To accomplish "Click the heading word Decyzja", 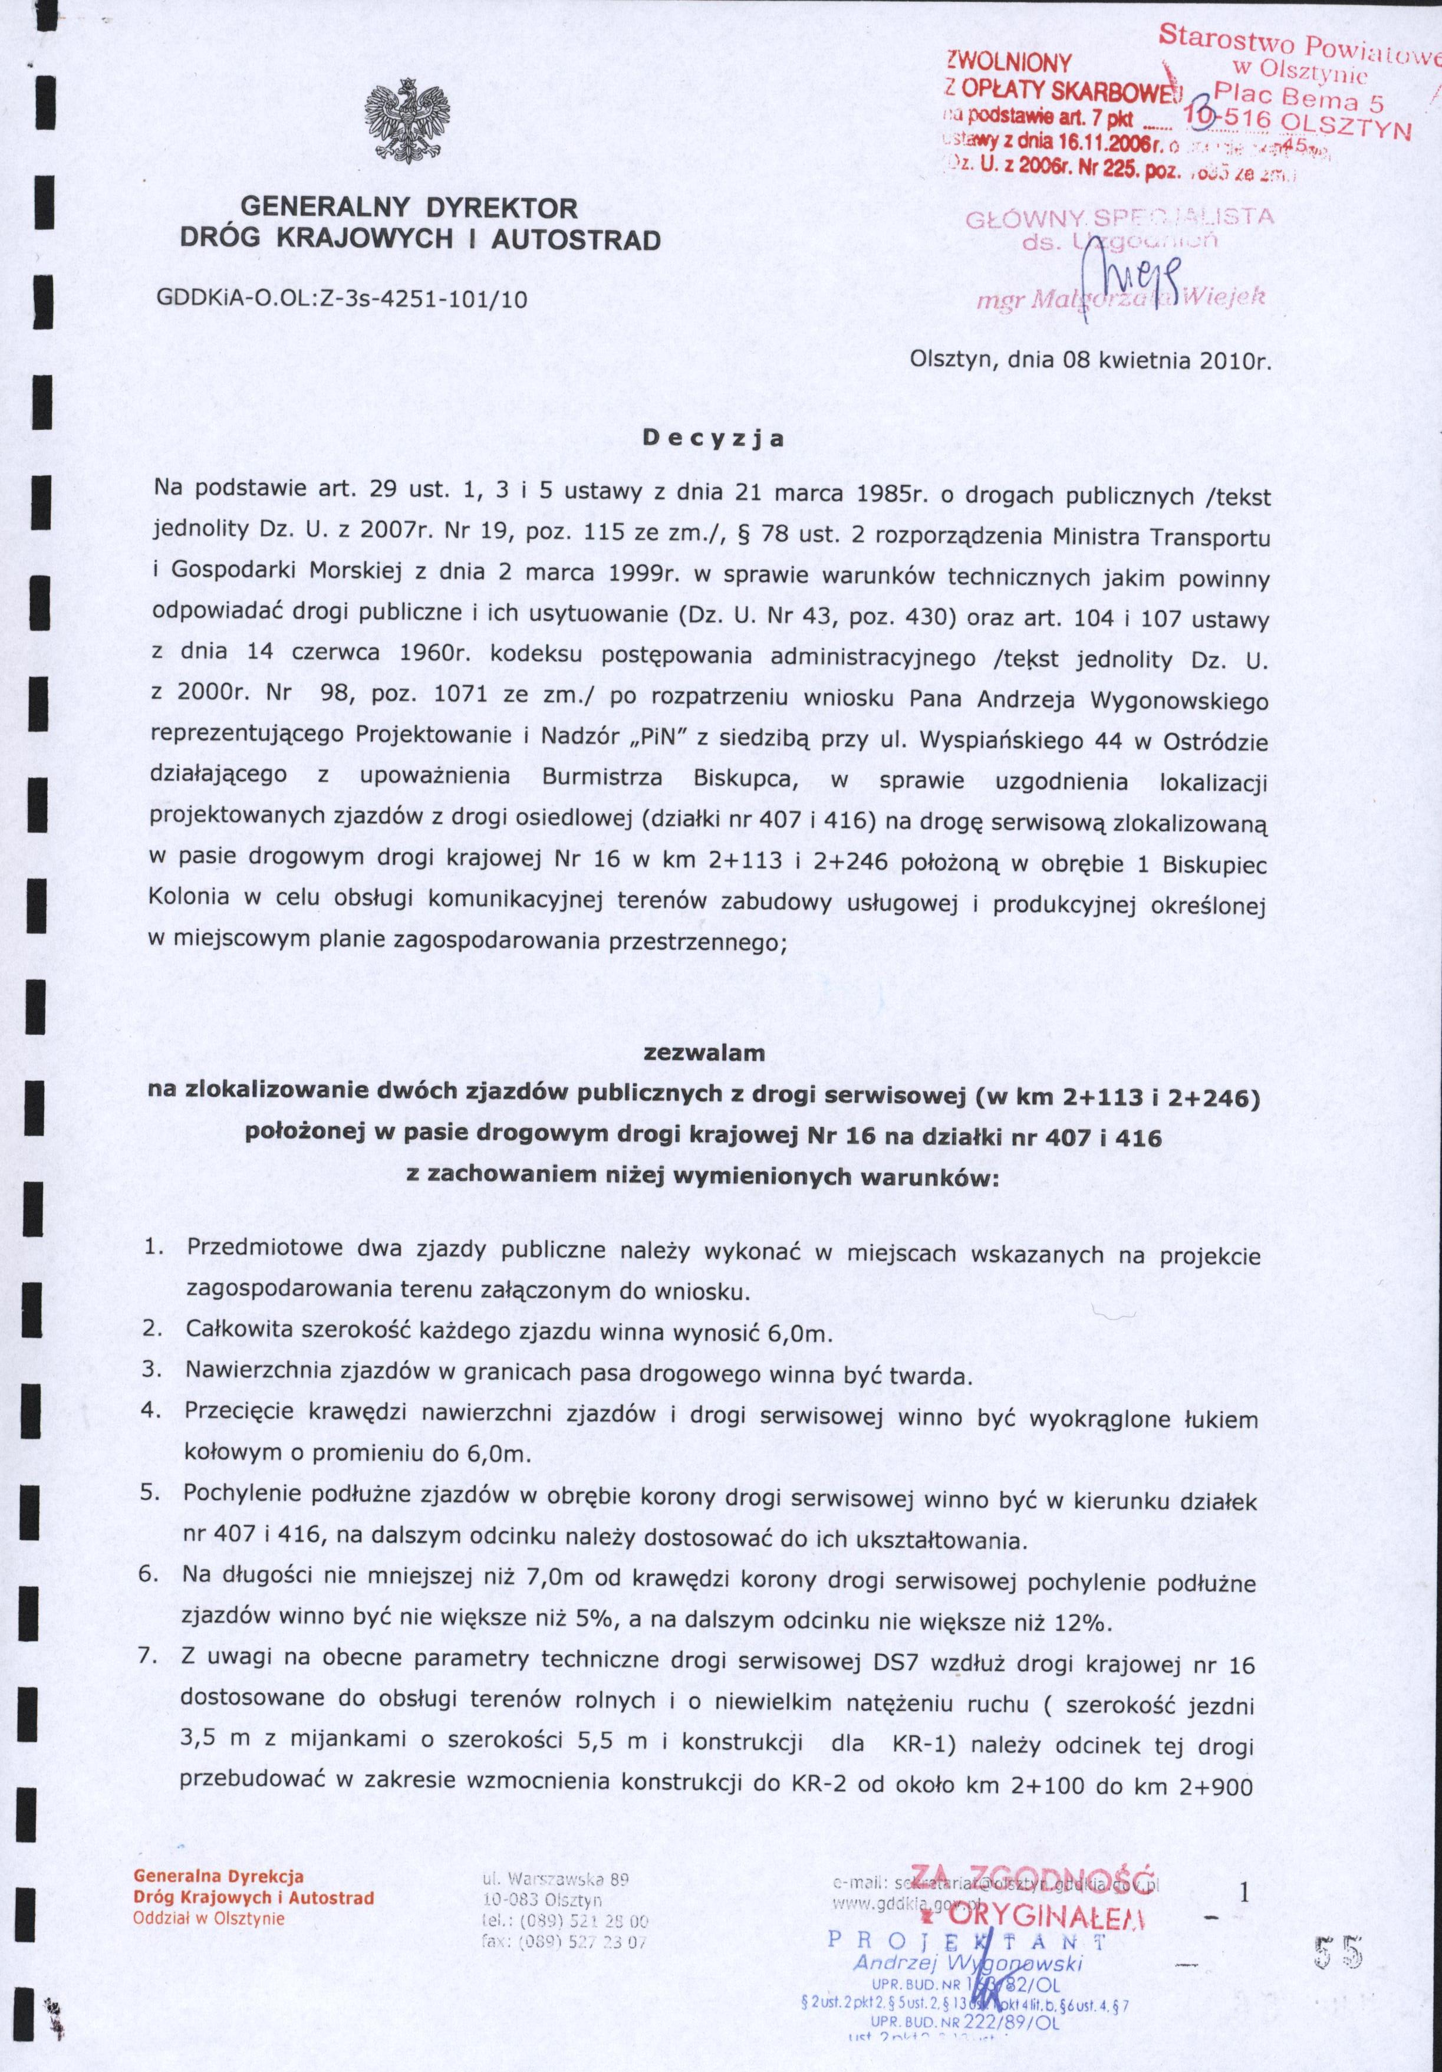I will click(713, 439).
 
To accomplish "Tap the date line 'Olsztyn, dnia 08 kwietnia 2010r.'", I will click(1090, 363).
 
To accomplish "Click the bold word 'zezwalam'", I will click(718, 1053).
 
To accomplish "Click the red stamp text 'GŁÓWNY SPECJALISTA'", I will click(1119, 218).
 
